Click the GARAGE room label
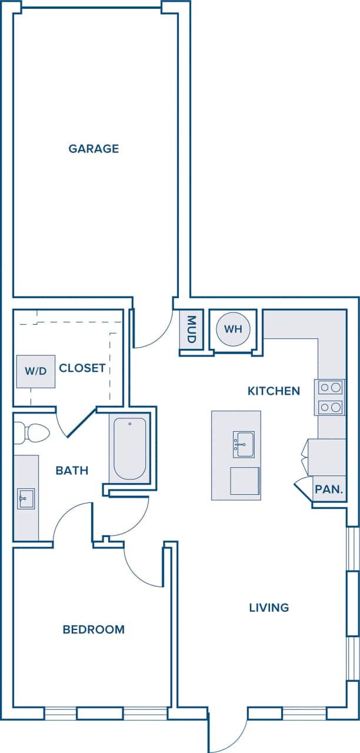pos(94,149)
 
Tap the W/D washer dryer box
pos(35,371)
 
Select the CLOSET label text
pos(82,368)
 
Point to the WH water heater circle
pos(234,329)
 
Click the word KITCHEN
pos(274,391)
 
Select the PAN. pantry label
pos(329,489)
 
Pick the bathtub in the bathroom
pos(129,448)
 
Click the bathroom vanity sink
pos(26,498)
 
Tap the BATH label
pos(72,471)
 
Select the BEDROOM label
pos(94,629)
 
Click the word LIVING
pos(269,608)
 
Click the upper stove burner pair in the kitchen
pos(331,387)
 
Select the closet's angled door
pos(81,422)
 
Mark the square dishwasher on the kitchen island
pos(244,481)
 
